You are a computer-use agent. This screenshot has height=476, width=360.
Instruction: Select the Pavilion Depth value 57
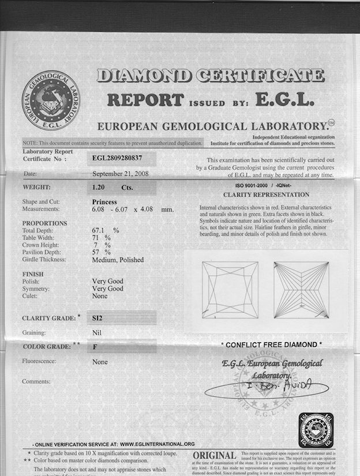coord(97,252)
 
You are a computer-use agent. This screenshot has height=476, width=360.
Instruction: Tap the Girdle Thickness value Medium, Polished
coord(118,260)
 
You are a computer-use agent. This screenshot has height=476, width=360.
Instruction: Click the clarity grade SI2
coord(99,317)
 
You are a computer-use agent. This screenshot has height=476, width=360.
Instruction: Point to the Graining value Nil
coord(97,332)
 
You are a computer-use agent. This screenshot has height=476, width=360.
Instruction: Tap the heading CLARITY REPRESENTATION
coord(266,195)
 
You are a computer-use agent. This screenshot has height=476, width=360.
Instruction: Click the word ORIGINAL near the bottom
coord(214,455)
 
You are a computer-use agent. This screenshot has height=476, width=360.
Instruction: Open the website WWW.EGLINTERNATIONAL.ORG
coord(157,444)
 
